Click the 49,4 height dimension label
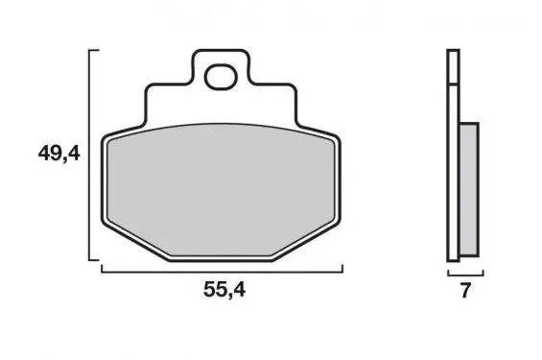[59, 154]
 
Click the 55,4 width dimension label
[224, 290]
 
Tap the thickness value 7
[465, 290]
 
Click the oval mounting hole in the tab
[221, 77]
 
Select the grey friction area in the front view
[221, 190]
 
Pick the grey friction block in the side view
[469, 189]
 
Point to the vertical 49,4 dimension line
[89, 155]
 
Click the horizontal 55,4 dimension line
[222, 272]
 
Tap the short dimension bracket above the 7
[465, 276]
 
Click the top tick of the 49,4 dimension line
[94, 51]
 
